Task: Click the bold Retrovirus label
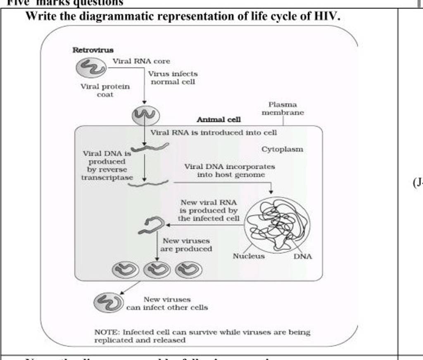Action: coord(93,50)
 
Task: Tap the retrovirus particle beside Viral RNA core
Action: coord(90,67)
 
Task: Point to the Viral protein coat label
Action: coord(105,90)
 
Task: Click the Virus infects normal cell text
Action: coord(173,78)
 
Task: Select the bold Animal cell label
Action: coord(219,119)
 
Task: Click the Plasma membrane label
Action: coord(283,109)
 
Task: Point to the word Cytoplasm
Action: coord(282,149)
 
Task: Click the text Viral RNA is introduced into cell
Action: coord(214,133)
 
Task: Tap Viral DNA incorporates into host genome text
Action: coord(230,171)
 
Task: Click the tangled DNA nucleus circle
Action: coord(276,225)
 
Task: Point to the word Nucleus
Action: coord(249,256)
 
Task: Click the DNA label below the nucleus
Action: coord(303,256)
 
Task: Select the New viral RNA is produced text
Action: coord(209,210)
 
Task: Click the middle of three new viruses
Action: coord(156,270)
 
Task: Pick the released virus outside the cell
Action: coord(108,302)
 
